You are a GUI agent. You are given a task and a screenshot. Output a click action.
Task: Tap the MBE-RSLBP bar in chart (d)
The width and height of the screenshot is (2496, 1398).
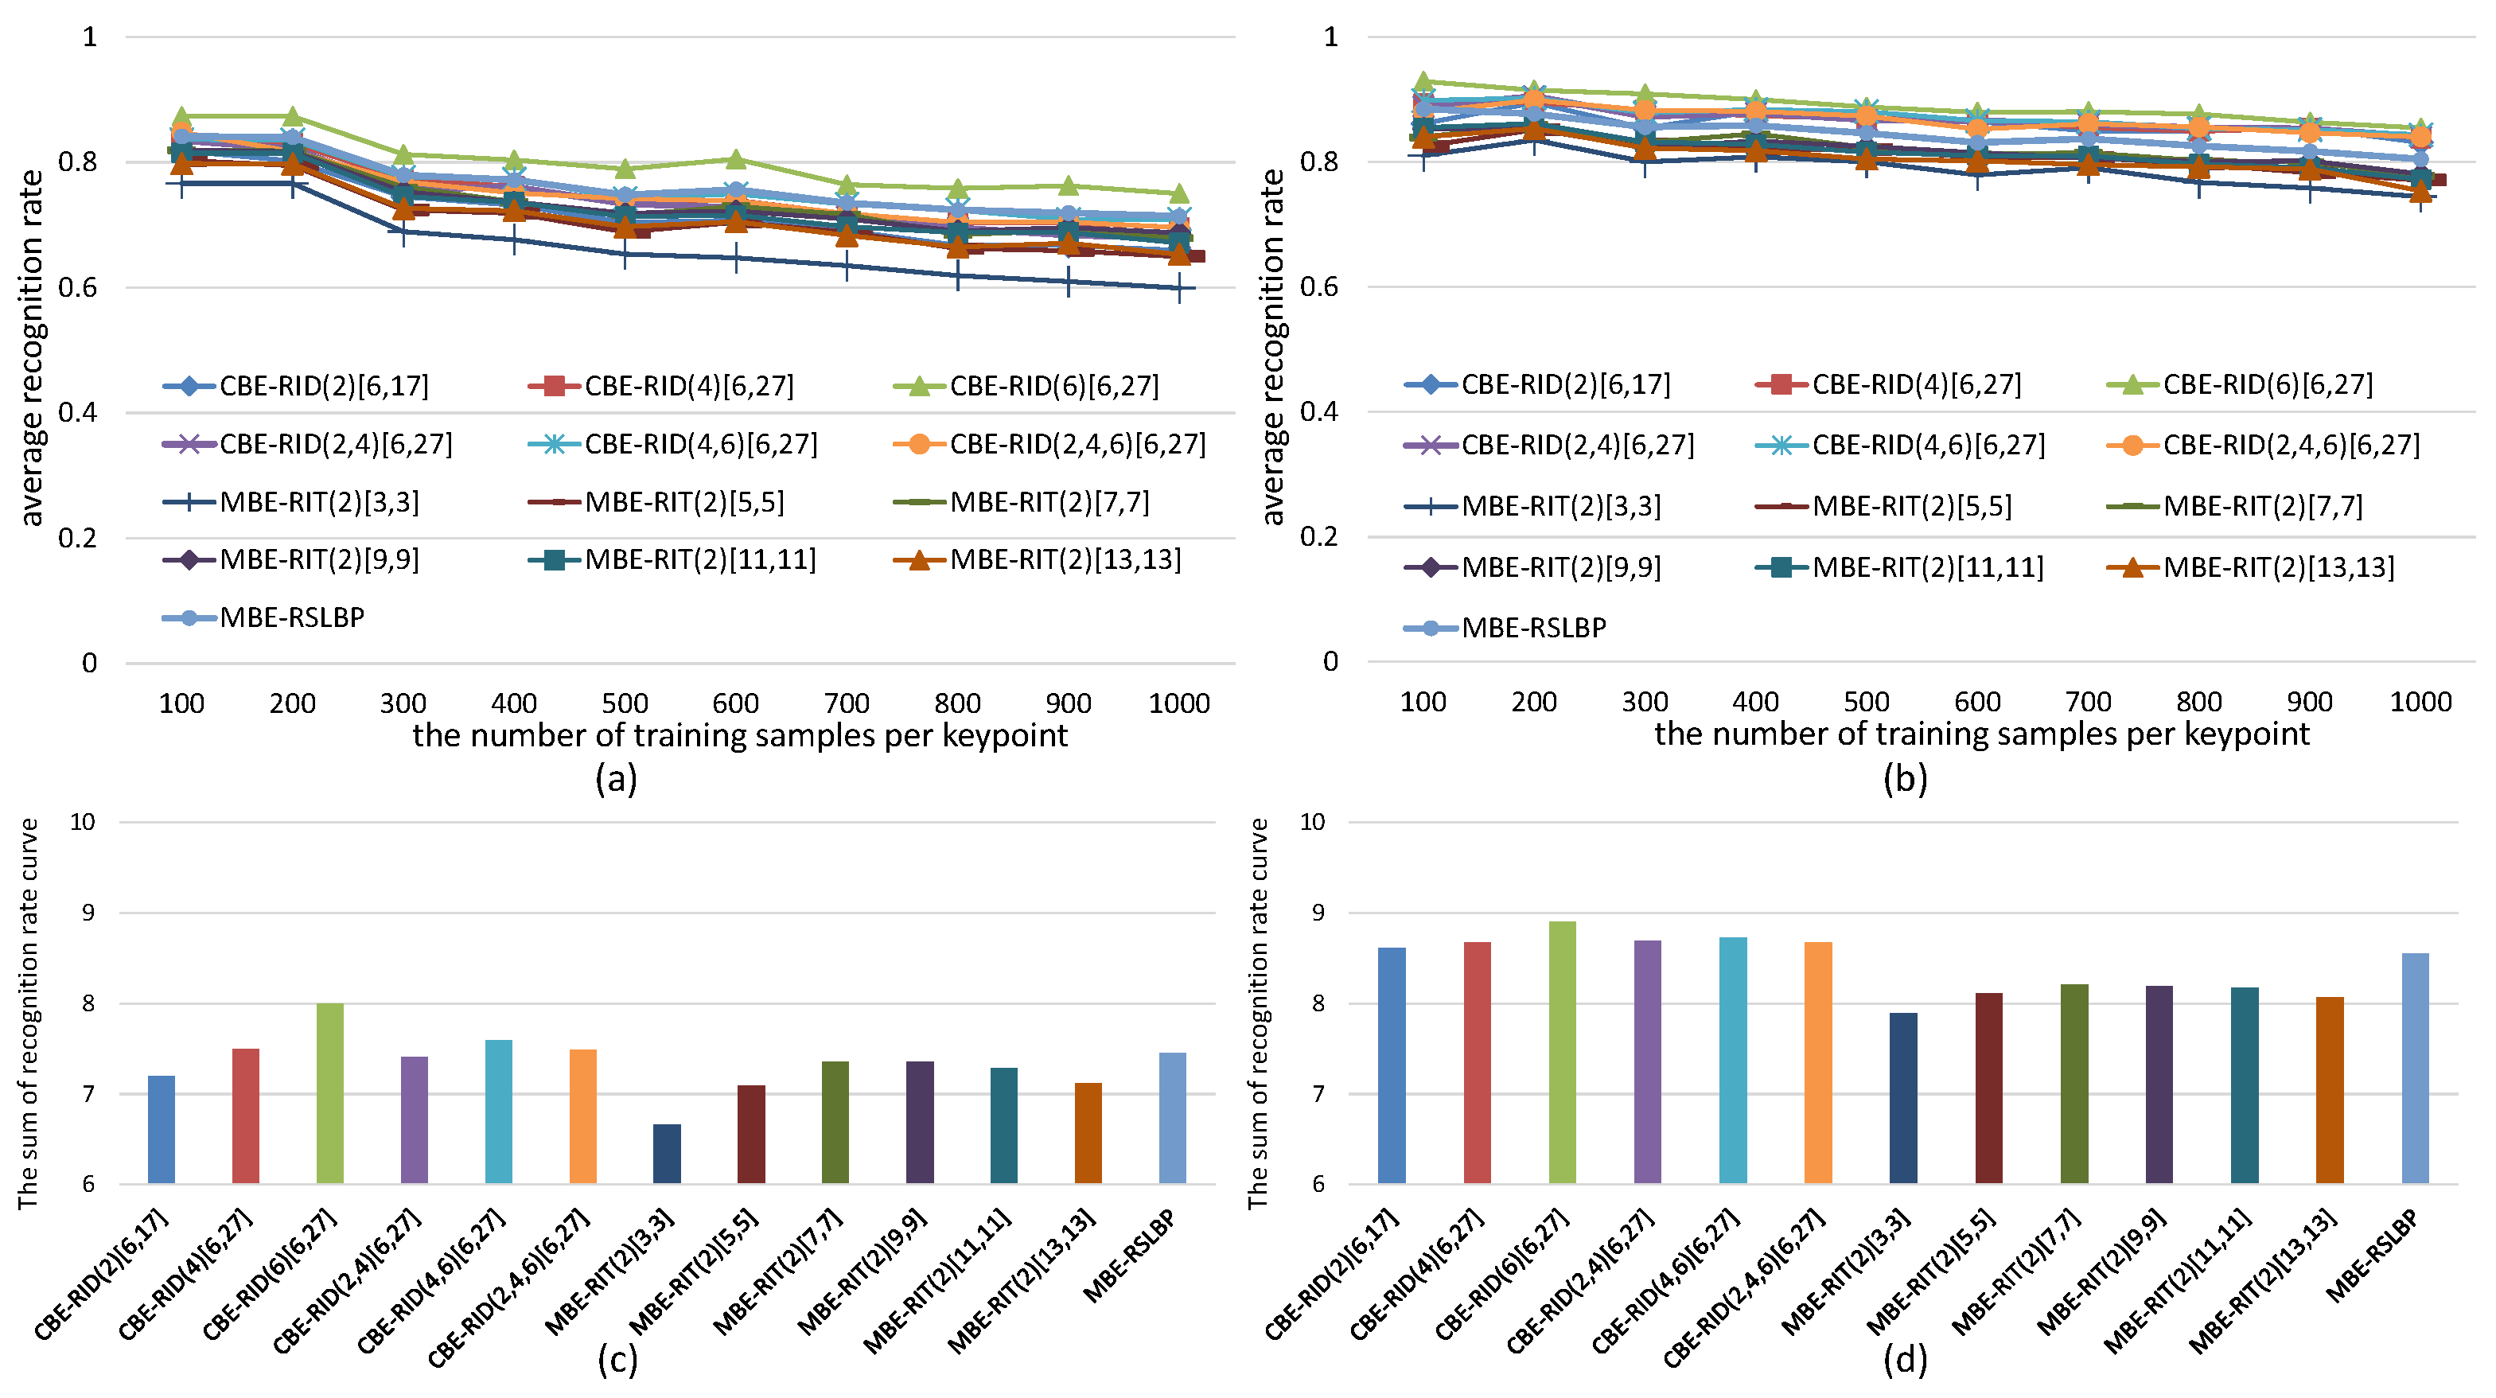[2415, 1068]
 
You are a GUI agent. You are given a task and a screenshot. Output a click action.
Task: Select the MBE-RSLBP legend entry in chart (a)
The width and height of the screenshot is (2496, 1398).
[263, 617]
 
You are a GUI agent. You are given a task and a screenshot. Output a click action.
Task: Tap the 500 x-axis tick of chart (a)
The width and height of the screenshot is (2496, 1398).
[625, 703]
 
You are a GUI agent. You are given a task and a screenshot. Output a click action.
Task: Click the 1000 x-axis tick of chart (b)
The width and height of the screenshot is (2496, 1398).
[2420, 702]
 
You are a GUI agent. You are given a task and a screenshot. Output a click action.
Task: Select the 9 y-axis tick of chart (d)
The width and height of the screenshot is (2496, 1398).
[1318, 913]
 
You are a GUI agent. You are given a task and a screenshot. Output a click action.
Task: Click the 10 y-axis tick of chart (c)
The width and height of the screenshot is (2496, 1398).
[83, 822]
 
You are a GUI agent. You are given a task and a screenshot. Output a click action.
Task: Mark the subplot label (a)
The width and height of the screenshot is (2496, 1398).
[617, 778]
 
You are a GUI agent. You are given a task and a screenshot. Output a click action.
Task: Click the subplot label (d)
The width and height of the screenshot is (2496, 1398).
[1905, 1359]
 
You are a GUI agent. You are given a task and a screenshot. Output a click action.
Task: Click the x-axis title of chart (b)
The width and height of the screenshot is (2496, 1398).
[1981, 734]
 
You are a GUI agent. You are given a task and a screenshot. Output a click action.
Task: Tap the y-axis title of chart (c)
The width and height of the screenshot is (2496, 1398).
[27, 1014]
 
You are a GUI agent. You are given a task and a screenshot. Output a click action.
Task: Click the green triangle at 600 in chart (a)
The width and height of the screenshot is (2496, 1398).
[735, 159]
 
